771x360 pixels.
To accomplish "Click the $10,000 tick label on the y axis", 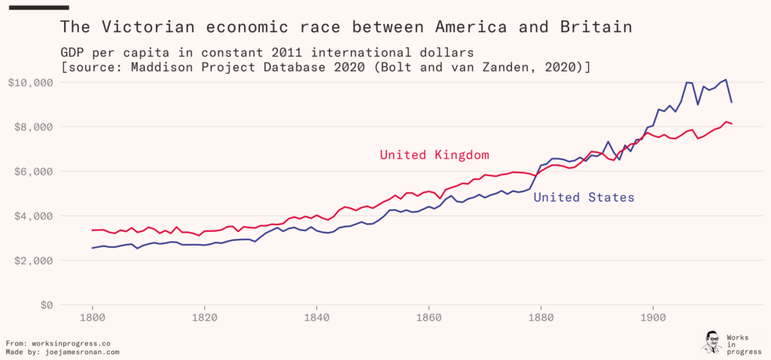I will pos(29,82).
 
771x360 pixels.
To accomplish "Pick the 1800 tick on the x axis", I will pos(93,318).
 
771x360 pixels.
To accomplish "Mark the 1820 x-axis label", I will pos(205,318).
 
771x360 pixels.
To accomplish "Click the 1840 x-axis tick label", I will pos(317,318).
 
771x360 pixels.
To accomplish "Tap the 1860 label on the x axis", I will pos(429,318).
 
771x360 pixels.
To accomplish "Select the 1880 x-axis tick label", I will pos(541,318).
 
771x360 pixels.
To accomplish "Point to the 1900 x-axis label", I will pos(653,318).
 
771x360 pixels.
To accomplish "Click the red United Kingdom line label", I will pos(434,155).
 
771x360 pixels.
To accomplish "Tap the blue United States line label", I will pos(584,197).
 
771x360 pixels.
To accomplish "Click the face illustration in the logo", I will pos(712,341).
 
